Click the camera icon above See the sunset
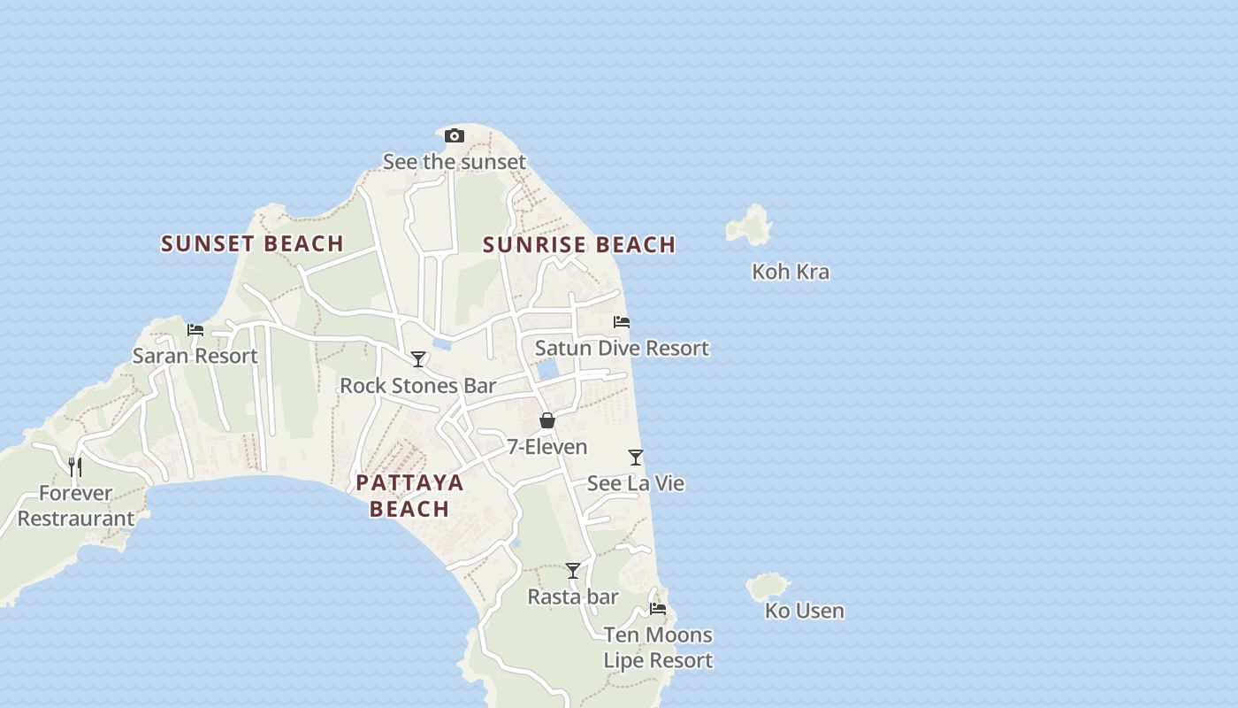click(x=454, y=135)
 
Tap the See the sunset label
click(x=454, y=162)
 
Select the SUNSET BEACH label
click(x=252, y=243)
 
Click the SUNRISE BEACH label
click(x=579, y=244)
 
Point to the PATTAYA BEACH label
click(x=409, y=495)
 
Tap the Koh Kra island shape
click(x=751, y=227)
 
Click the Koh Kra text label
click(x=791, y=272)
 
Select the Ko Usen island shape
click(x=767, y=586)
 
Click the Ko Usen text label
click(x=804, y=611)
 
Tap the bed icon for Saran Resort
click(x=195, y=330)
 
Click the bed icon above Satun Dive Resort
click(x=622, y=322)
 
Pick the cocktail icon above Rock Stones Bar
click(x=418, y=359)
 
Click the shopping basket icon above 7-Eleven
click(x=547, y=420)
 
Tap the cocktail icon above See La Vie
click(x=636, y=458)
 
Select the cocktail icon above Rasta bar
click(x=573, y=571)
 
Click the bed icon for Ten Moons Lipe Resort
click(x=658, y=609)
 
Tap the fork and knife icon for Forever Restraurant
click(x=76, y=466)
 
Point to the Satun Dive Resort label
click(x=622, y=349)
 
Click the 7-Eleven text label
click(x=546, y=447)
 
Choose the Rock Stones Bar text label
click(x=418, y=386)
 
